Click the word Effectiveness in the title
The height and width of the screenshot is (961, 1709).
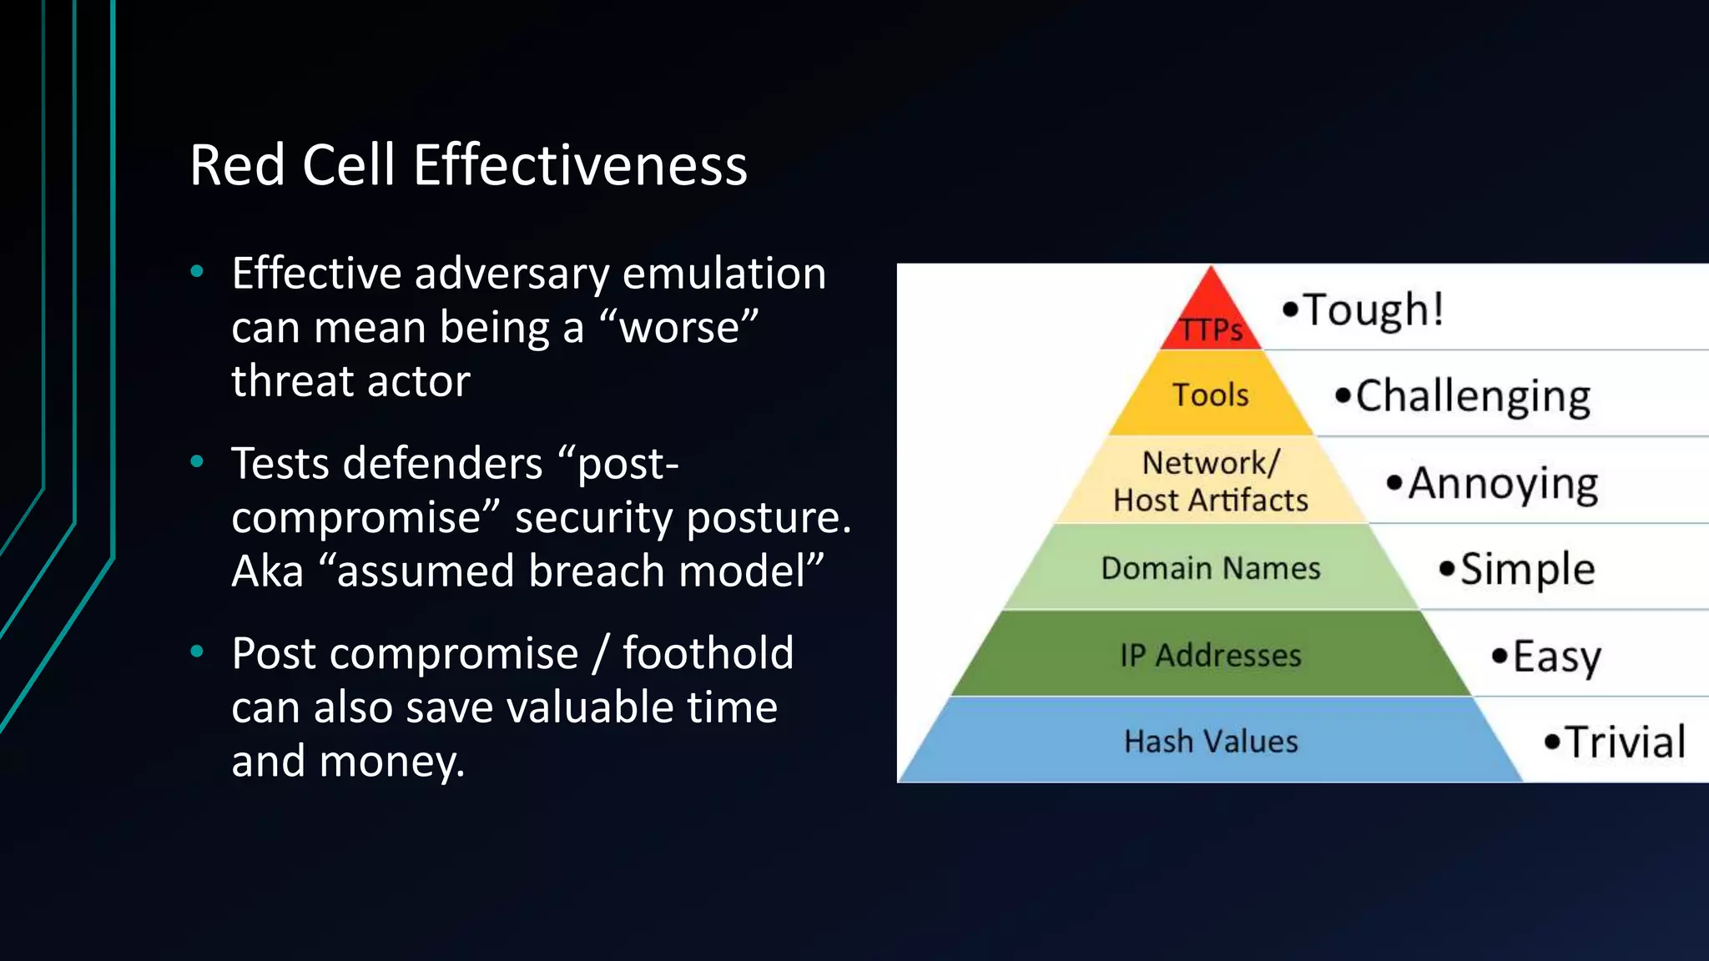[579, 165]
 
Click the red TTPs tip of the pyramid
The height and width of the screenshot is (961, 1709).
[1211, 322]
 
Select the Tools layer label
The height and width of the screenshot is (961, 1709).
[1210, 395]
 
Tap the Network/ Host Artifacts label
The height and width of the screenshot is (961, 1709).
[1210, 481]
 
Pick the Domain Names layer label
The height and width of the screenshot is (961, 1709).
[1210, 568]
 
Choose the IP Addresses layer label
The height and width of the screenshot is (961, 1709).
[1210, 655]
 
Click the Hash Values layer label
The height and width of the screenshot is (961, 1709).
[1210, 741]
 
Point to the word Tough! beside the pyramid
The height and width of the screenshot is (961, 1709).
[1373, 309]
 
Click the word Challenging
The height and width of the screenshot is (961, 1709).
[1472, 396]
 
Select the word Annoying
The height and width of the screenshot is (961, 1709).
[1503, 483]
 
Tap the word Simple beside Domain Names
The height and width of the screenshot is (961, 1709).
[1527, 570]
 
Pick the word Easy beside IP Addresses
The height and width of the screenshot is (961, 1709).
[1556, 657]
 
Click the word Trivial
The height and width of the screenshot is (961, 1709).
[1624, 742]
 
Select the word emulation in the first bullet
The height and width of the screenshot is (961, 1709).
[723, 274]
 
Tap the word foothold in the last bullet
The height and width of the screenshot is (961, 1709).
[708, 653]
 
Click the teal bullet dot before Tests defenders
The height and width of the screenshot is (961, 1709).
[197, 461]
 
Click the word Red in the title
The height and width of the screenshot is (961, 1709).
[237, 165]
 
